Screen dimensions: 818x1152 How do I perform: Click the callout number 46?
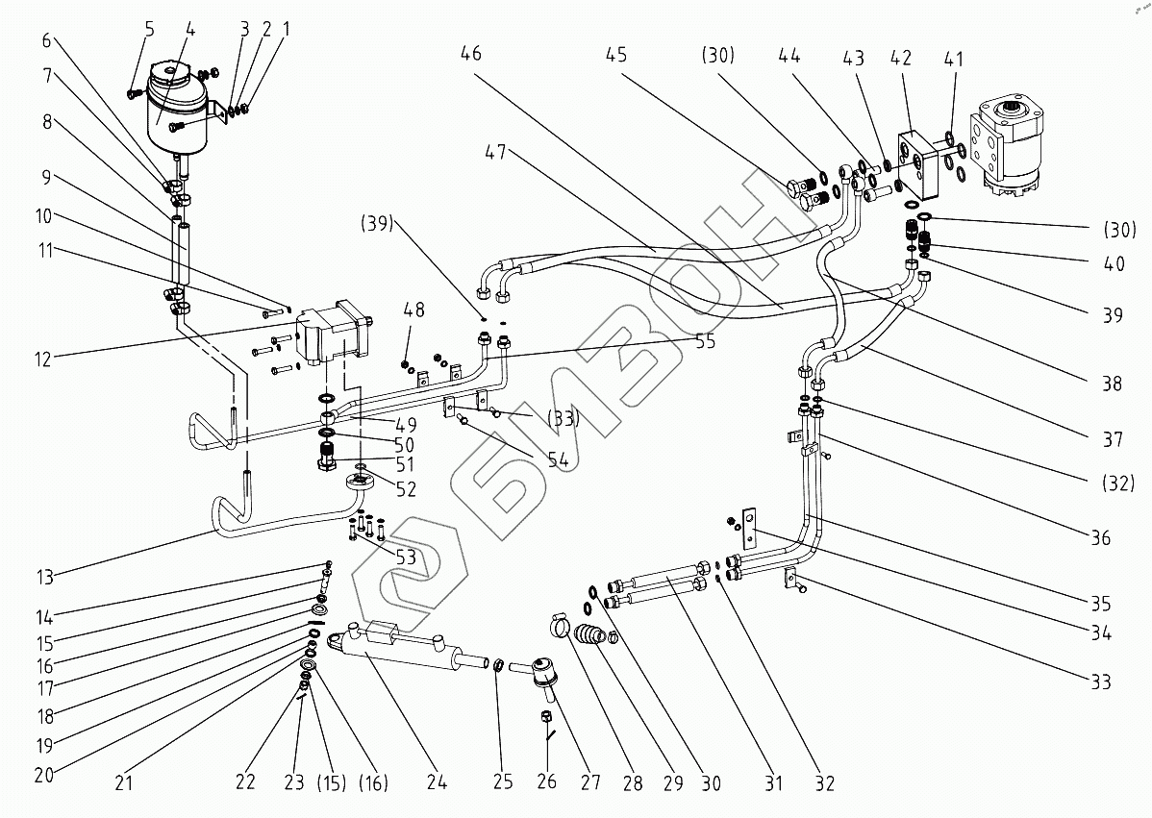pos(471,55)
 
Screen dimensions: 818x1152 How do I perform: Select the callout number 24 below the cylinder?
pos(438,781)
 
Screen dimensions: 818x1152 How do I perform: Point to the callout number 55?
pos(705,340)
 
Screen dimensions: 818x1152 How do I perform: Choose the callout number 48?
pos(413,310)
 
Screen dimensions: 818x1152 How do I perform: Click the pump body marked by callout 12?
pos(332,336)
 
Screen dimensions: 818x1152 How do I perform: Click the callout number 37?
pos(1112,439)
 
